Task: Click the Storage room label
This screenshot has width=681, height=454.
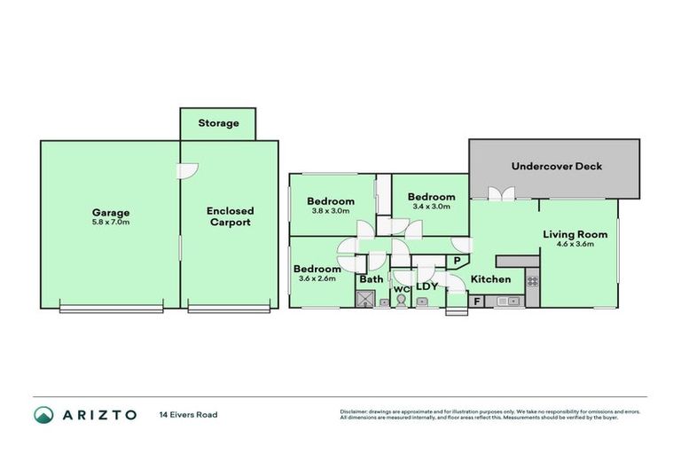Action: point(218,123)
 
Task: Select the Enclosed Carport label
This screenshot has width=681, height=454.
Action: point(230,216)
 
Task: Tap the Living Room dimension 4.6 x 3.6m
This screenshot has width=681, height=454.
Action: point(575,245)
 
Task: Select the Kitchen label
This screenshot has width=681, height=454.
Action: point(490,279)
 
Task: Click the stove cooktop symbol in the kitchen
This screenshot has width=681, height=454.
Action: point(532,281)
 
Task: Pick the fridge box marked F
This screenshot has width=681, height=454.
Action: point(477,301)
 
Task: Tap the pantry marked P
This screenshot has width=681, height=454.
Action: point(457,261)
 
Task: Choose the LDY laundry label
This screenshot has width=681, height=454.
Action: point(427,286)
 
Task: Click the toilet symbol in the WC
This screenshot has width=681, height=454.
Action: point(401,301)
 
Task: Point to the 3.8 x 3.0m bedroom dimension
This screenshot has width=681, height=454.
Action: point(331,211)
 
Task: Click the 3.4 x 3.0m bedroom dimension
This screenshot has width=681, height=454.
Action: point(431,207)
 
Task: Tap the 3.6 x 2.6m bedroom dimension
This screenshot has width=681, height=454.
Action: point(317,278)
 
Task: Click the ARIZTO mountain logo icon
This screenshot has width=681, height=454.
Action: point(44,414)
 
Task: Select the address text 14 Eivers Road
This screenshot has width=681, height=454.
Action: point(188,414)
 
